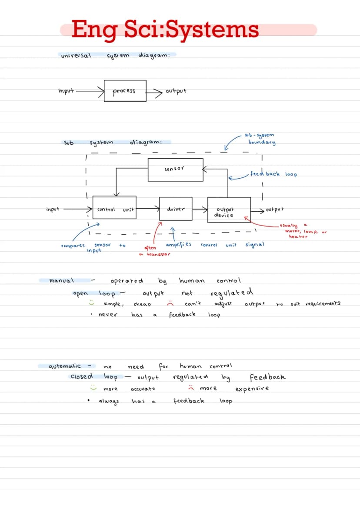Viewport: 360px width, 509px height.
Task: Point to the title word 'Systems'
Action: pos(212,30)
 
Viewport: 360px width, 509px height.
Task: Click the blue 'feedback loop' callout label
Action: pos(273,174)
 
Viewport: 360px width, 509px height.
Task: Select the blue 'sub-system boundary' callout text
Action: pos(260,139)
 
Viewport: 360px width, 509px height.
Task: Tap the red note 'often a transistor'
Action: pos(154,251)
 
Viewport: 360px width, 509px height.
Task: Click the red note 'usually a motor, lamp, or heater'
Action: pos(303,231)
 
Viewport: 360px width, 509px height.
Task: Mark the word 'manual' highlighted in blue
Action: pos(61,280)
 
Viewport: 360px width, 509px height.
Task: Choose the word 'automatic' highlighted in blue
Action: pos(65,366)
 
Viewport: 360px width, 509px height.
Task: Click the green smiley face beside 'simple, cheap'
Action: pos(92,303)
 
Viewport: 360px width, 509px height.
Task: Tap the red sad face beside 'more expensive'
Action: pos(191,388)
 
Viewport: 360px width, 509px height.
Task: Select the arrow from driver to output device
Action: pos(200,210)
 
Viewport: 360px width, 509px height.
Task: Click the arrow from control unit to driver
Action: pos(148,208)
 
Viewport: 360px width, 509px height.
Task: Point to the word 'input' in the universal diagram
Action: pos(66,90)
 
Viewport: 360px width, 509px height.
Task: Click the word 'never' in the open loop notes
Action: pos(108,314)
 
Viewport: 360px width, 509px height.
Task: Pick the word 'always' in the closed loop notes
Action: pos(109,401)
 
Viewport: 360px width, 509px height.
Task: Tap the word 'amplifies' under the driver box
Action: pos(179,244)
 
